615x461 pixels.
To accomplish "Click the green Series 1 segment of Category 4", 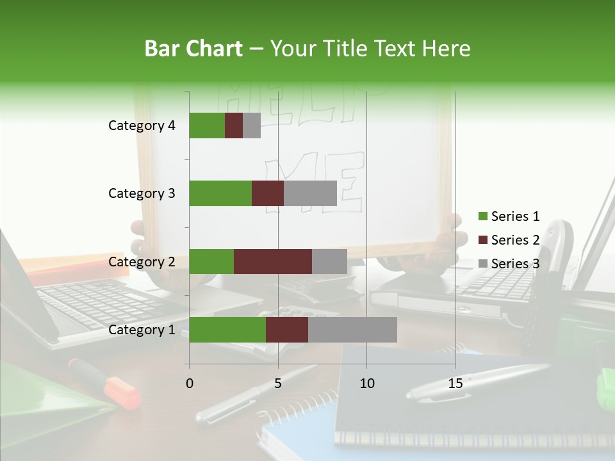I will [207, 125].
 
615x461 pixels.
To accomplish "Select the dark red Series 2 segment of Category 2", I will [273, 261].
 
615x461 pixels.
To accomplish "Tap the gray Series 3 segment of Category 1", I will [352, 330].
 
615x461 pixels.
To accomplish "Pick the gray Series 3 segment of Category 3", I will [310, 193].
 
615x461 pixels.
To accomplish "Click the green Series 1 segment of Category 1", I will [227, 330].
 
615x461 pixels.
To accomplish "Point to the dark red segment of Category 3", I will [268, 193].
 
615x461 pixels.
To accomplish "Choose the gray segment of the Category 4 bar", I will [252, 125].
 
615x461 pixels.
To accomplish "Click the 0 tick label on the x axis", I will [190, 384].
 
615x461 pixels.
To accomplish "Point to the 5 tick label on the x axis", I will [278, 384].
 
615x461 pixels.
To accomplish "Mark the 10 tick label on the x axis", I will [366, 384].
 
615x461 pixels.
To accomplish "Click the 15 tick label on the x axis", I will [455, 384].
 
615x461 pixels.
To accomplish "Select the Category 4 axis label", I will [142, 125].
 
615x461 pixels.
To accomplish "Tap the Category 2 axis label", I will [142, 261].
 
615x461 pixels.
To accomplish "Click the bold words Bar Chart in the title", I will [193, 48].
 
